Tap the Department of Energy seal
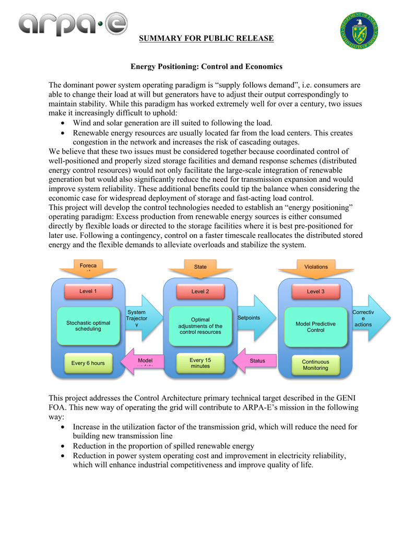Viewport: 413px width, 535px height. click(359, 30)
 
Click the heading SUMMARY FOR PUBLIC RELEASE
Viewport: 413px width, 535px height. click(206, 38)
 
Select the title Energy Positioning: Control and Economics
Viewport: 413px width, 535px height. click(206, 66)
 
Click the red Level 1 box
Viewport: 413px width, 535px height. click(88, 292)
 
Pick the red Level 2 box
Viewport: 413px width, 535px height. click(200, 292)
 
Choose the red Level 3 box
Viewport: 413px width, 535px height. click(315, 292)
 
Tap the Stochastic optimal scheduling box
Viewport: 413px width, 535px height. click(88, 326)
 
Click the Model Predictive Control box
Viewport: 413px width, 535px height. click(315, 327)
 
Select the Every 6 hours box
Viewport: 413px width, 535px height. click(88, 363)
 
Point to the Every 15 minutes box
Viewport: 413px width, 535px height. click(200, 363)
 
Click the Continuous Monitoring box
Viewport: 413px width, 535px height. click(315, 365)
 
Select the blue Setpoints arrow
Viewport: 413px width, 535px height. click(256, 318)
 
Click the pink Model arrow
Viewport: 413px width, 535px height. click(143, 362)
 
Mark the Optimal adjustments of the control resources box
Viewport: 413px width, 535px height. click(200, 326)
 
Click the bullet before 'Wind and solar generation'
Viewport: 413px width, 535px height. click(63, 123)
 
